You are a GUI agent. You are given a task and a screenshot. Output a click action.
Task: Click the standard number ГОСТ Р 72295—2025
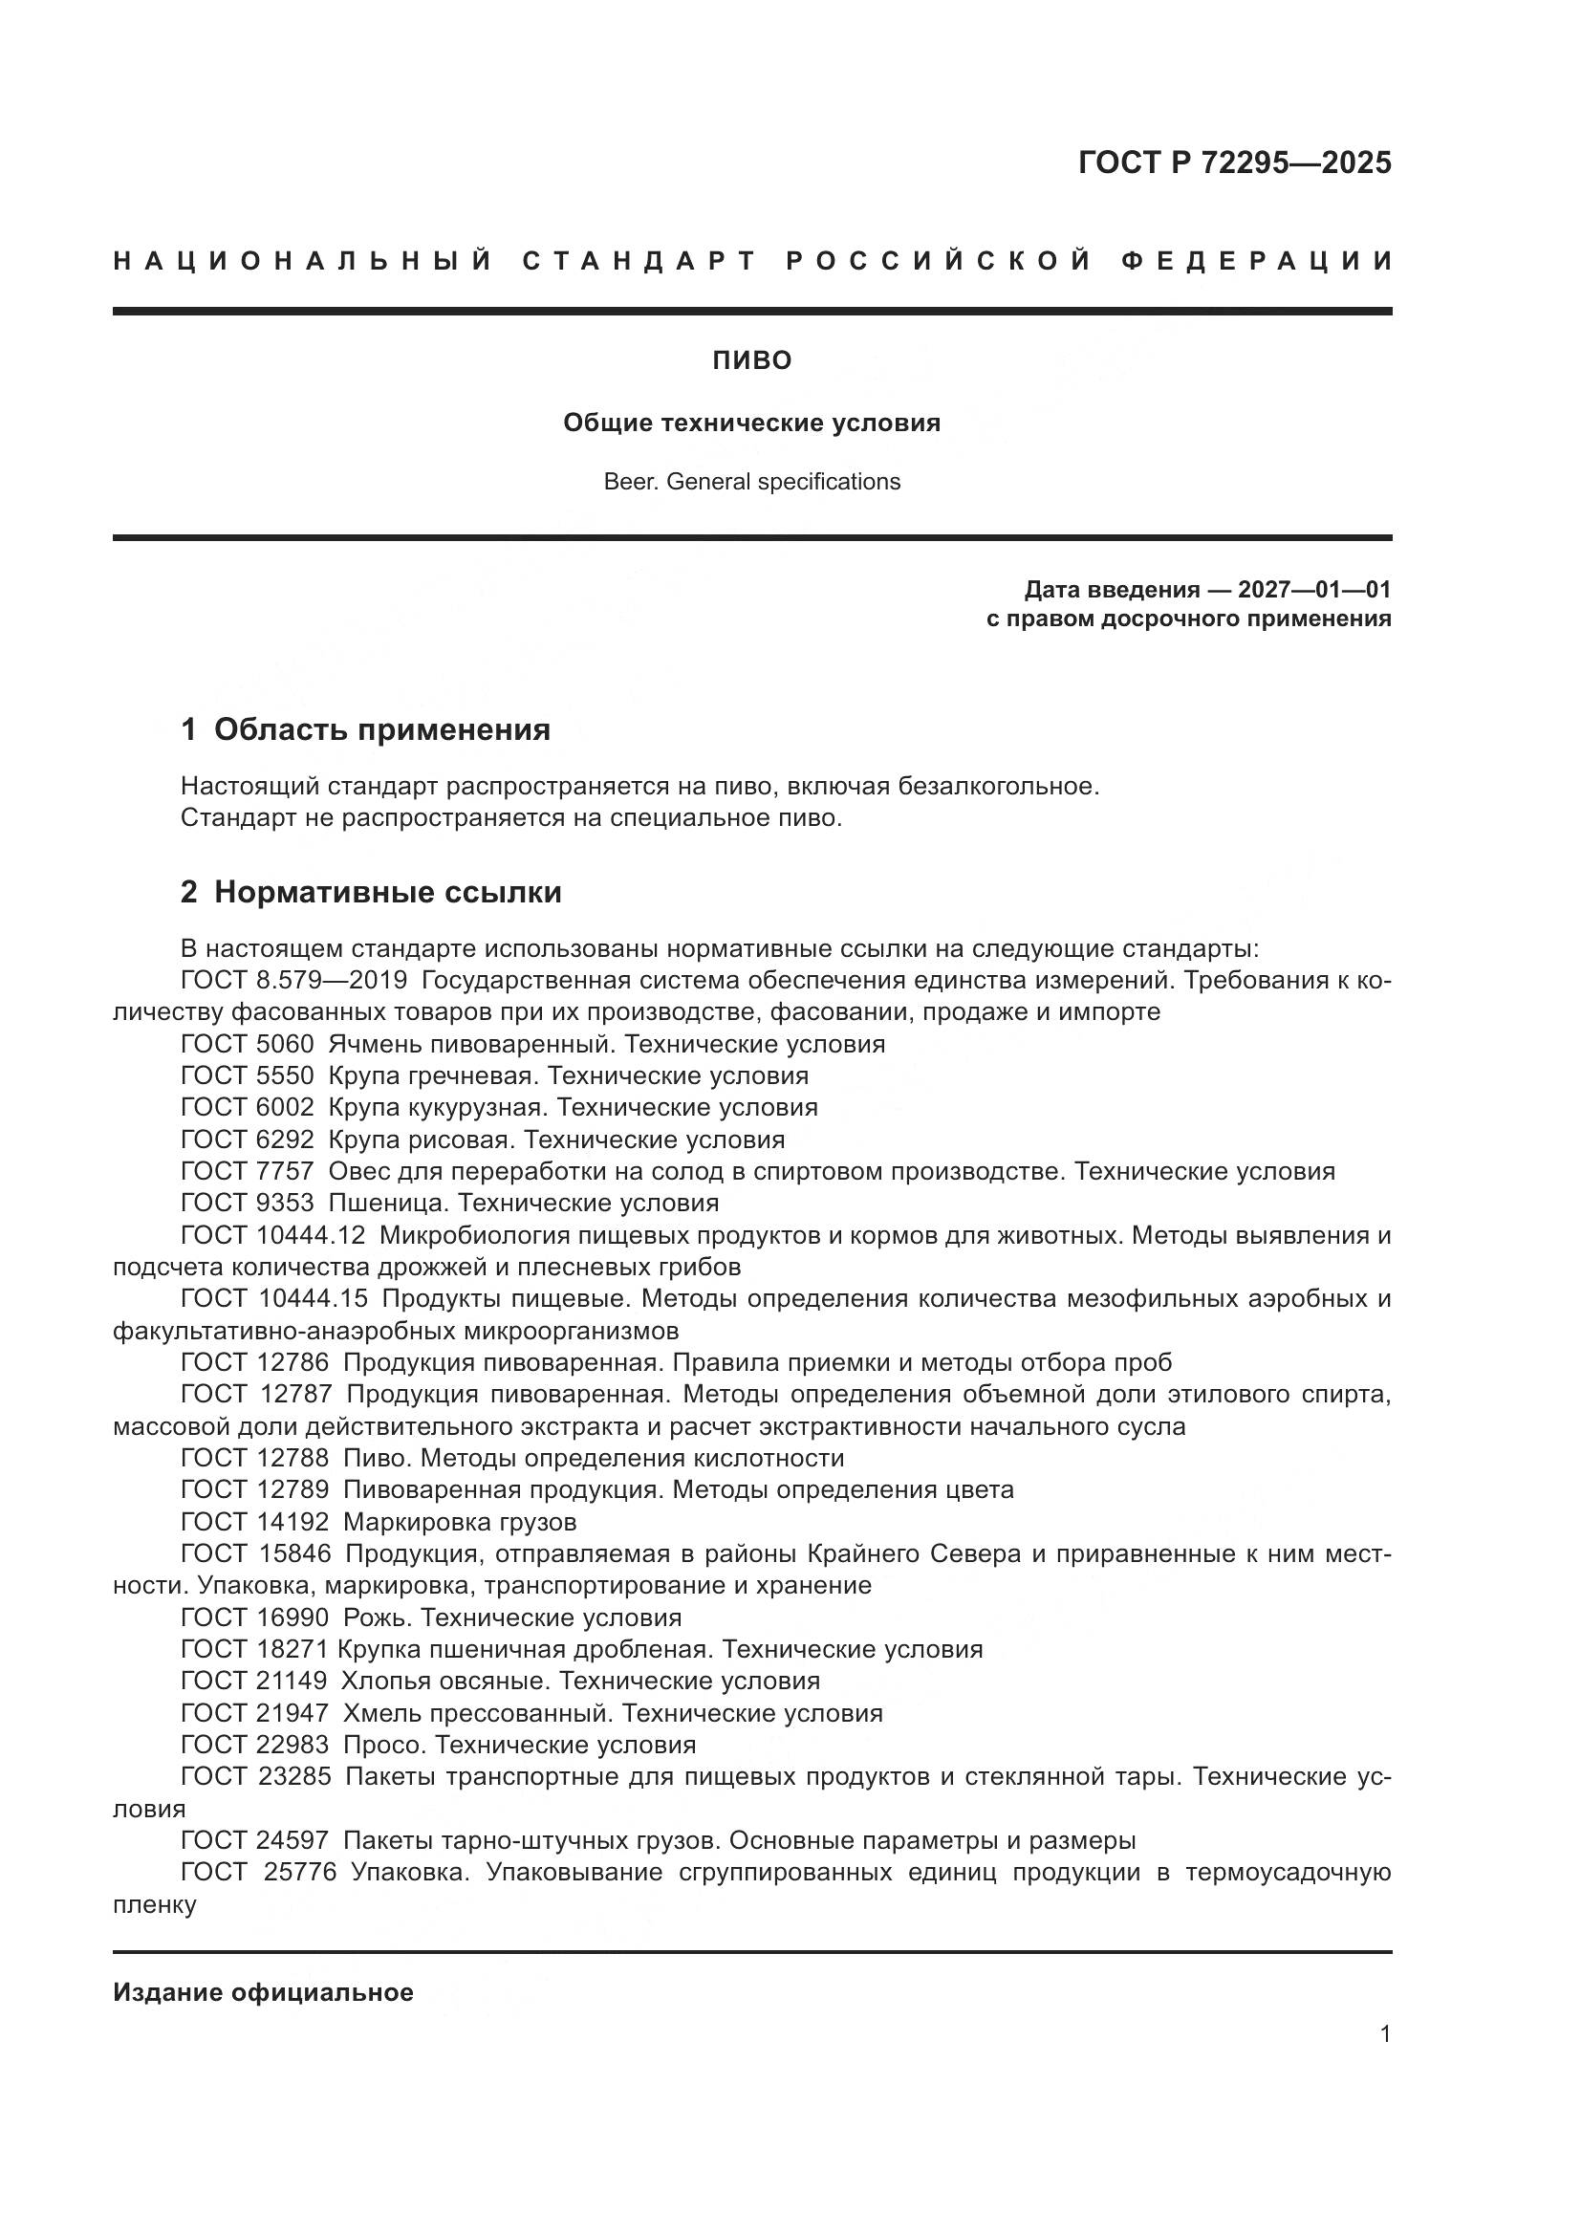pos(1234,163)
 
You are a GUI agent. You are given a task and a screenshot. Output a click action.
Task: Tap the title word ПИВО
pos(751,361)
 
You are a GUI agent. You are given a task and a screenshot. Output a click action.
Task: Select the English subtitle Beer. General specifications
pos(751,482)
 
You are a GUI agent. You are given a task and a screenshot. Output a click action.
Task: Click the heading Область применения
pos(381,729)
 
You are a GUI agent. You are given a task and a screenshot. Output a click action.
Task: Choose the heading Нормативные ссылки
pos(387,892)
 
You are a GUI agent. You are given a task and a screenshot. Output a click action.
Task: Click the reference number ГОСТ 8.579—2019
pos(294,980)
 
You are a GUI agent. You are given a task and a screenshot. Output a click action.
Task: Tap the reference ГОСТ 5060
pos(248,1044)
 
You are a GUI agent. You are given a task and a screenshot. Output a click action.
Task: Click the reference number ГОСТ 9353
pos(248,1203)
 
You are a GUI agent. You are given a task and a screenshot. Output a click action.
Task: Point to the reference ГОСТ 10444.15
pos(273,1298)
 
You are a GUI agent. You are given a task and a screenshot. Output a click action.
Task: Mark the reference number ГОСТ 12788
pos(255,1458)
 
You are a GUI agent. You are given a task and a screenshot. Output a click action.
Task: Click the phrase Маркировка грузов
pos(460,1521)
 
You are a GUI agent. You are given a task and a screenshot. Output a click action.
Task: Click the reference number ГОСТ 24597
pos(255,1840)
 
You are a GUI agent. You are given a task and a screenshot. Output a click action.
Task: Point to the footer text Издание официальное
pos(263,1992)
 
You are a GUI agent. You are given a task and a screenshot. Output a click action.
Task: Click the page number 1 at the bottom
pos(1385,2034)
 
